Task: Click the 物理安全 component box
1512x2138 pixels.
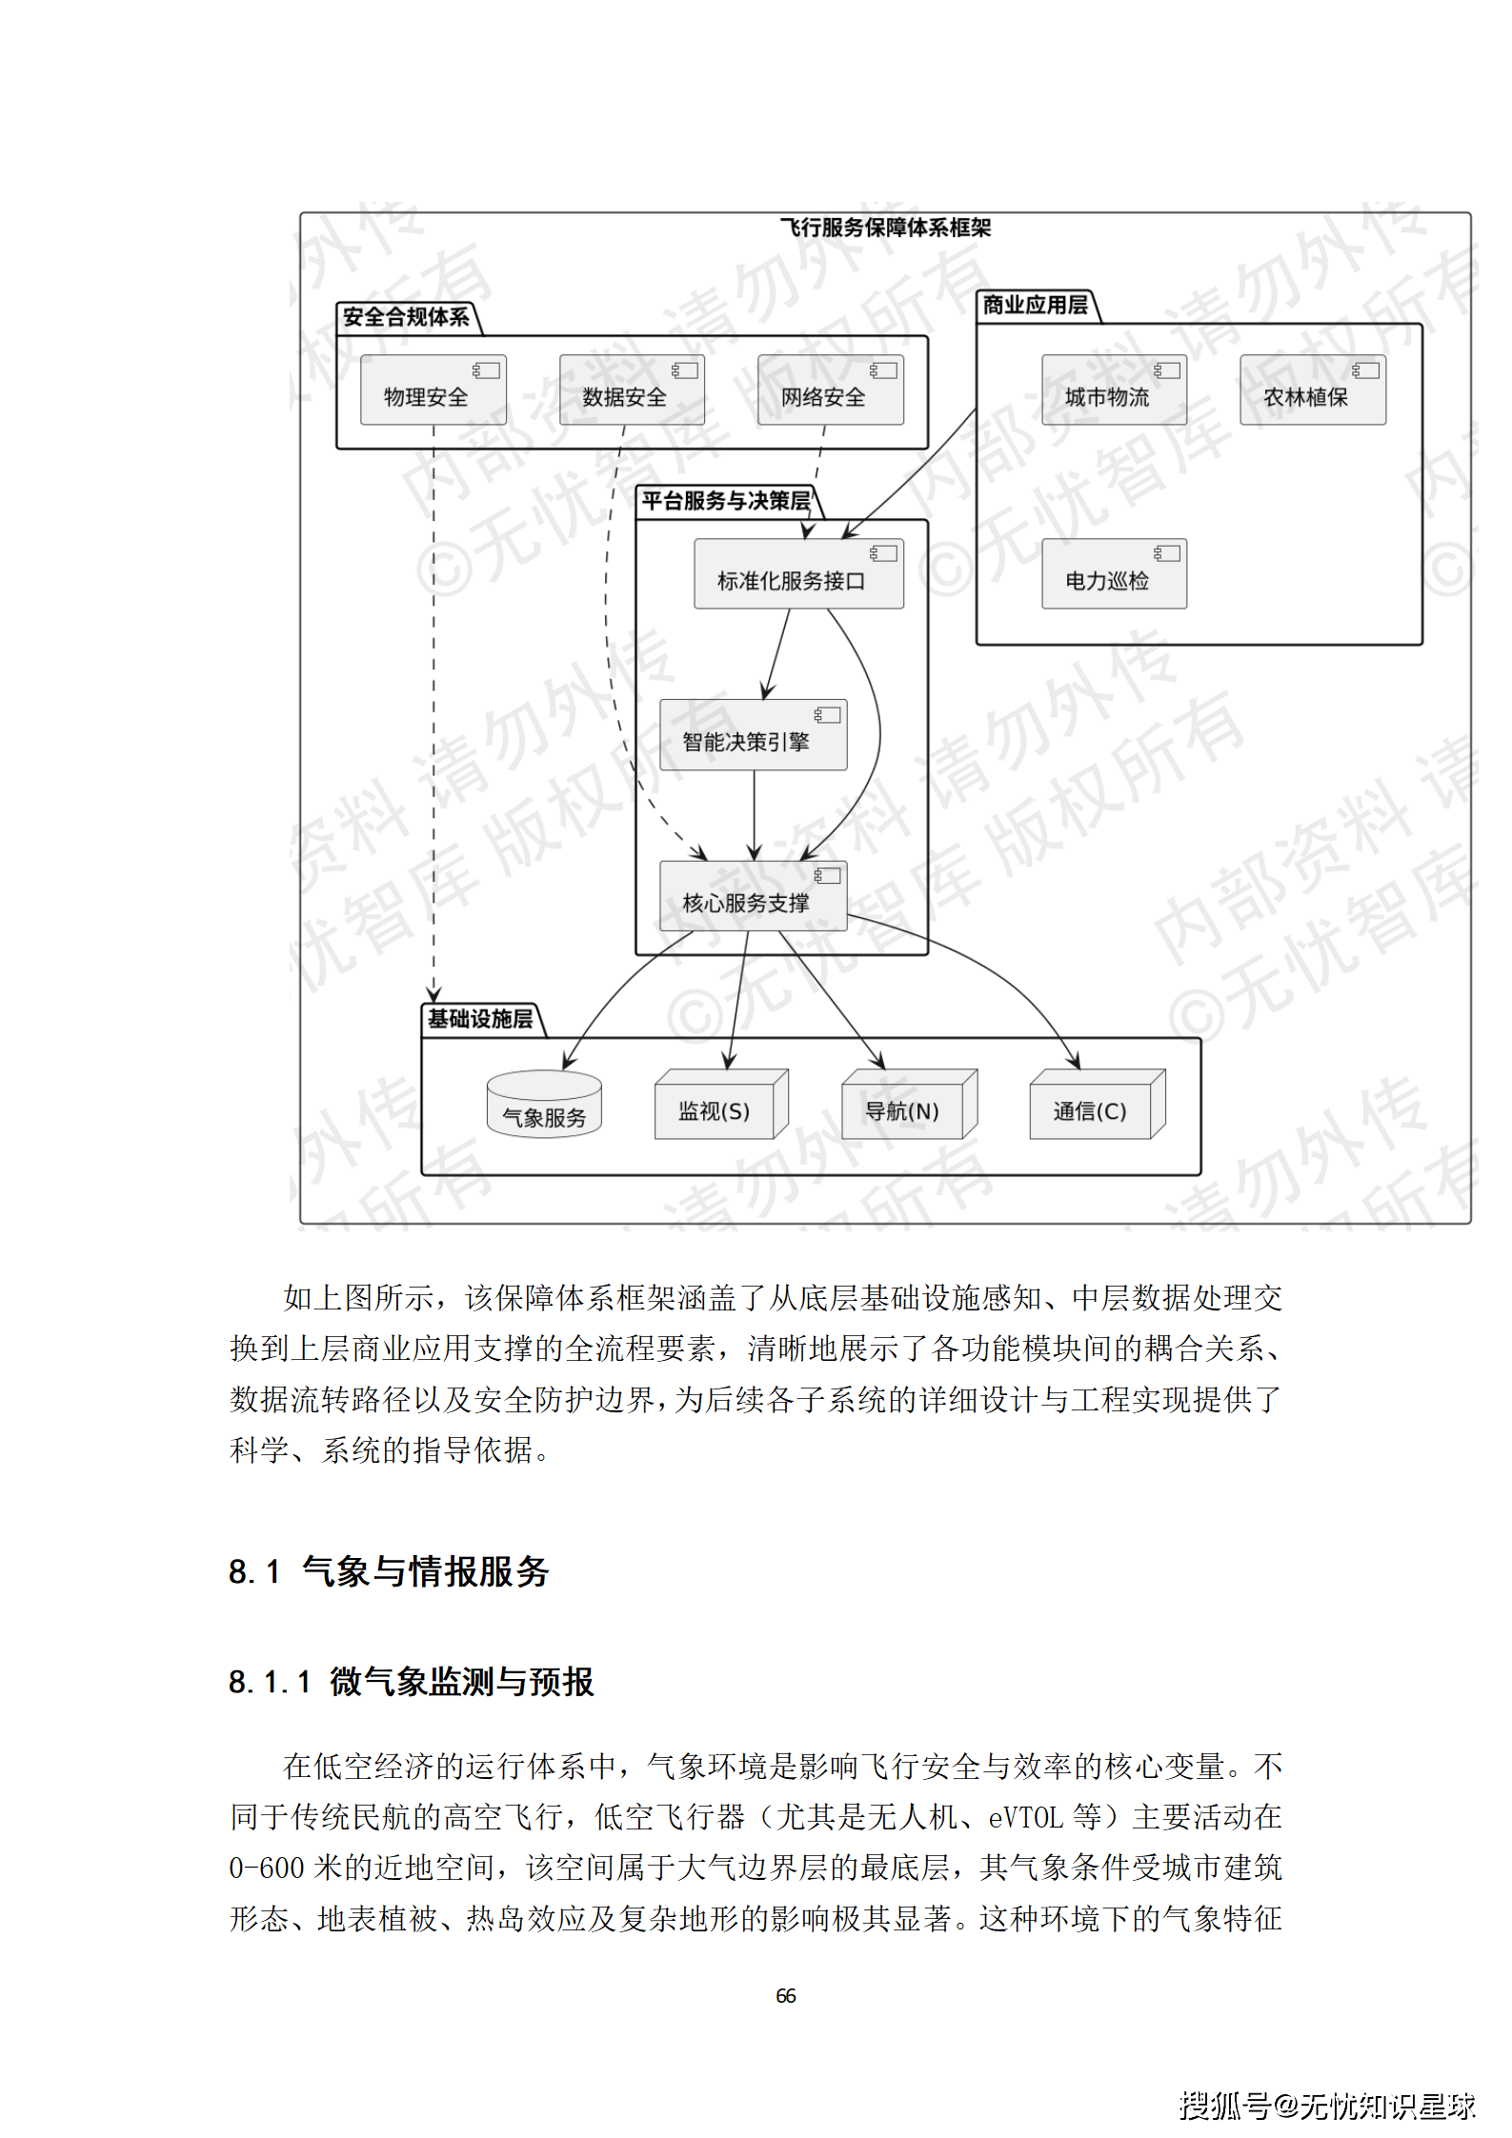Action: click(433, 390)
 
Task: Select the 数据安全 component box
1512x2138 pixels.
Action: click(632, 390)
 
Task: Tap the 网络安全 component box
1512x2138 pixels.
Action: click(830, 390)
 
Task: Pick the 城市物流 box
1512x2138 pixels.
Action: click(1114, 390)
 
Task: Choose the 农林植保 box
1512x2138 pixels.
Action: click(1312, 390)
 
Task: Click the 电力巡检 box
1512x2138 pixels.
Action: click(1114, 574)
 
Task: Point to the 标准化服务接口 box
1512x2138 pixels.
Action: click(798, 574)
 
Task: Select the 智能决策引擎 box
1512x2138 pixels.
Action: click(753, 735)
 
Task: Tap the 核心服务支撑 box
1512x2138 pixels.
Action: click(753, 896)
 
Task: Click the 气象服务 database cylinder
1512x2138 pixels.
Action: click(544, 1106)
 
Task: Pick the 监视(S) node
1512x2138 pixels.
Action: click(720, 1106)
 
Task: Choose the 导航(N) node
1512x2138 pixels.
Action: click(908, 1106)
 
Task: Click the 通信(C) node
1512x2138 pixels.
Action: click(1096, 1106)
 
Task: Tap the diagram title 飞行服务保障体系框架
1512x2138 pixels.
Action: click(885, 228)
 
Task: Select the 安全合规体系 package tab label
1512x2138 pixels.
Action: click(406, 317)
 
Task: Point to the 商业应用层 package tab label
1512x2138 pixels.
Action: click(1035, 305)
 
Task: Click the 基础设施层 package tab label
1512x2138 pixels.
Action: click(480, 1019)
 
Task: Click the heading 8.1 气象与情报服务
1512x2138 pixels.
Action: click(389, 1572)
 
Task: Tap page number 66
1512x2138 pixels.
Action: click(785, 1995)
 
